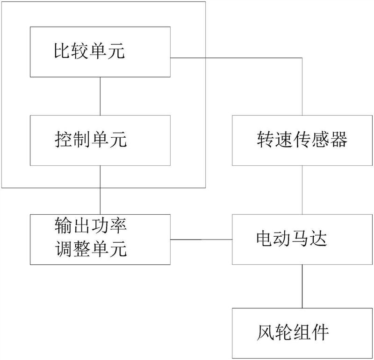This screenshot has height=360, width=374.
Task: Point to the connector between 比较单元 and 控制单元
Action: [x=100, y=96]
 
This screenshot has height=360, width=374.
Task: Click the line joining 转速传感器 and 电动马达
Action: [x=302, y=190]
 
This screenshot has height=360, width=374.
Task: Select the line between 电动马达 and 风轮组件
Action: [x=302, y=286]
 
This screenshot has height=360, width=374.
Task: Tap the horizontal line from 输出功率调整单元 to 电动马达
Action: [x=201, y=240]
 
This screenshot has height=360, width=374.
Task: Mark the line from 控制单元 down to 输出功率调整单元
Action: [x=100, y=190]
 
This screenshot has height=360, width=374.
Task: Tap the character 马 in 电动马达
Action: [x=301, y=239]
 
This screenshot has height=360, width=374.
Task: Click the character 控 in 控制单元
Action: [x=63, y=140]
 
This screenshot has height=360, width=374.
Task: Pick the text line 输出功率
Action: [x=91, y=226]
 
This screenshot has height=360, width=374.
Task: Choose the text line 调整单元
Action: [x=91, y=249]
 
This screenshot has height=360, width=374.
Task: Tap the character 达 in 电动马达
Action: [x=319, y=239]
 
